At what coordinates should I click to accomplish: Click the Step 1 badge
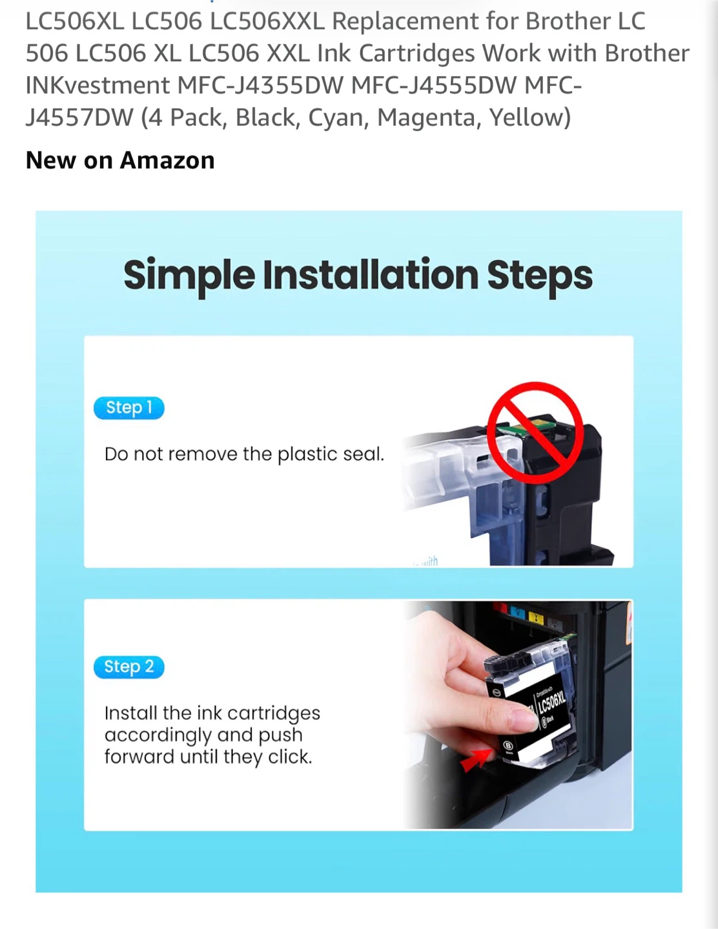128,408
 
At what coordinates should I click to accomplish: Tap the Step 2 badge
128,667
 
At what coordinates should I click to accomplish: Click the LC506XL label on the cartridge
552,704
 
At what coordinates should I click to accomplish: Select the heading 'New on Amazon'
120,161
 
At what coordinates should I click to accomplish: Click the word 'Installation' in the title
371,275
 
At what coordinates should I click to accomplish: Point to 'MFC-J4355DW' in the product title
260,85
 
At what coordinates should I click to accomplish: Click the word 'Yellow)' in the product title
529,117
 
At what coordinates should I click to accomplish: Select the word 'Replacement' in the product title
405,21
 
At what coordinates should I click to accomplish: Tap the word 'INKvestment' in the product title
97,85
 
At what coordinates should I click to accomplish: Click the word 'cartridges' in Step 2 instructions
273,714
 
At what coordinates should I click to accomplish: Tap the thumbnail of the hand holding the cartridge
517,715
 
